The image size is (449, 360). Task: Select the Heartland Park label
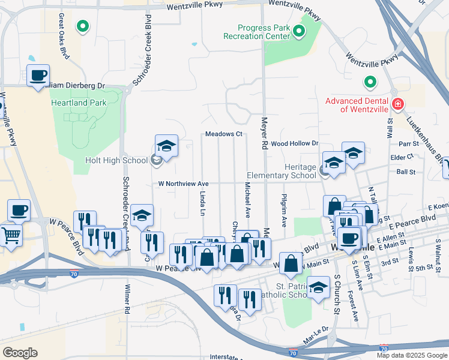88,103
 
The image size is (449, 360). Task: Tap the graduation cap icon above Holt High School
166,146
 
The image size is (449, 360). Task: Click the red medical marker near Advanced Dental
397,105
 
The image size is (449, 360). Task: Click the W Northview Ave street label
183,184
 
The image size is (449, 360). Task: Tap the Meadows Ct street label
223,134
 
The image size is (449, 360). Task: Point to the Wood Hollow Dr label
294,143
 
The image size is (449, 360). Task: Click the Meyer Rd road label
263,133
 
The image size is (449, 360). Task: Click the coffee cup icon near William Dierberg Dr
38,76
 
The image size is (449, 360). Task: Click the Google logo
20,353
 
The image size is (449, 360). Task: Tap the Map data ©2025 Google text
411,355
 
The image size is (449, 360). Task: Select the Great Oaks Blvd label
62,36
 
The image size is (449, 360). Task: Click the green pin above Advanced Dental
370,82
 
